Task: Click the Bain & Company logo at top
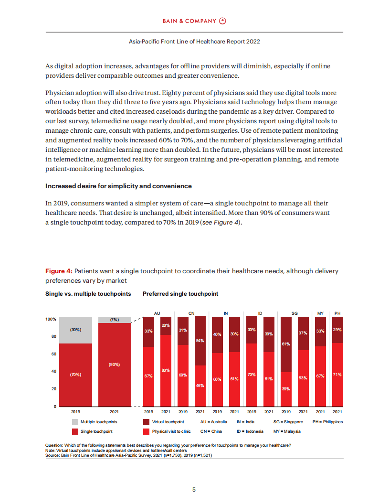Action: [x=194, y=21]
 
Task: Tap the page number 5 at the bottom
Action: [x=194, y=490]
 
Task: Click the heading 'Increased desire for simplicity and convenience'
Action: [x=118, y=186]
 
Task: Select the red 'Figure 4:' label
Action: [x=59, y=271]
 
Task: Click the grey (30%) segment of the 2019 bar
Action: [x=75, y=330]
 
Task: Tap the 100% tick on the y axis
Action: [x=52, y=319]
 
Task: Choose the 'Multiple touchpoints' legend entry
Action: [x=98, y=422]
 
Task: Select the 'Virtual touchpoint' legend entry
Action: [x=168, y=422]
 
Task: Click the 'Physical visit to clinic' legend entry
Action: [x=171, y=431]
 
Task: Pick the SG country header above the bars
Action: [x=294, y=313]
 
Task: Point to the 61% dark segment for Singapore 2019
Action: [x=286, y=343]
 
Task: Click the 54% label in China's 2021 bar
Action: [x=200, y=341]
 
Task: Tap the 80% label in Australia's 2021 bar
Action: [x=166, y=370]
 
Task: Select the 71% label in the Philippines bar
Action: [x=337, y=375]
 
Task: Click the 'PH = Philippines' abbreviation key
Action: [x=327, y=422]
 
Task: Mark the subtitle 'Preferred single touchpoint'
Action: [x=180, y=294]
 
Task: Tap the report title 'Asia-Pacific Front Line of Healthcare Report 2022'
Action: [x=194, y=42]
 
